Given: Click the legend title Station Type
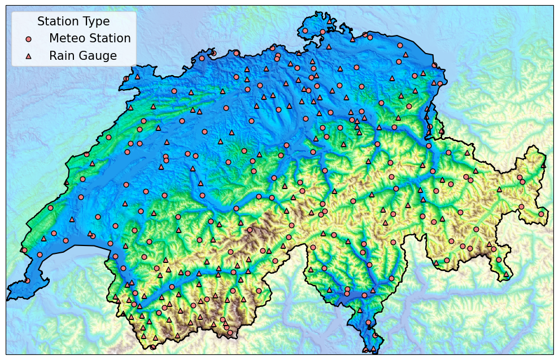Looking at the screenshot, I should pyautogui.click(x=73, y=21).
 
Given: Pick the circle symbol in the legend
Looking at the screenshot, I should pyautogui.click(x=29, y=39).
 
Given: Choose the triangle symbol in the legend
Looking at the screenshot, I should pyautogui.click(x=29, y=56).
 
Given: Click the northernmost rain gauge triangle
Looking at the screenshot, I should pyautogui.click(x=330, y=21).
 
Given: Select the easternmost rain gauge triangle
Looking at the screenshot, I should pyautogui.click(x=544, y=165).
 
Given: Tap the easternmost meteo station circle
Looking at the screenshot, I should pyautogui.click(x=541, y=214).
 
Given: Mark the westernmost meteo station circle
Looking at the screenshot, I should pyautogui.click(x=24, y=250).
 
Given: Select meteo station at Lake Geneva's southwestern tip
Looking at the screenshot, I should pyautogui.click(x=27, y=280).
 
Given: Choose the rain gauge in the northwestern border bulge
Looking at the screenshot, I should pyautogui.click(x=137, y=76).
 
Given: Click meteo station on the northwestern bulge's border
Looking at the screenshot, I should pyautogui.click(x=126, y=79).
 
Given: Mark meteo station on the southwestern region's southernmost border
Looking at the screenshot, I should pyautogui.click(x=152, y=347).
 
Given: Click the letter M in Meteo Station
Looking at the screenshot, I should pyautogui.click(x=54, y=38).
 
